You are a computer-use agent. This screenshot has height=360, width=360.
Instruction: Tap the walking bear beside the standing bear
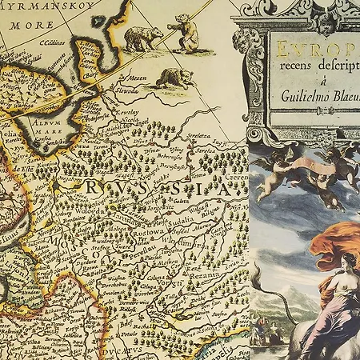[142, 37]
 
